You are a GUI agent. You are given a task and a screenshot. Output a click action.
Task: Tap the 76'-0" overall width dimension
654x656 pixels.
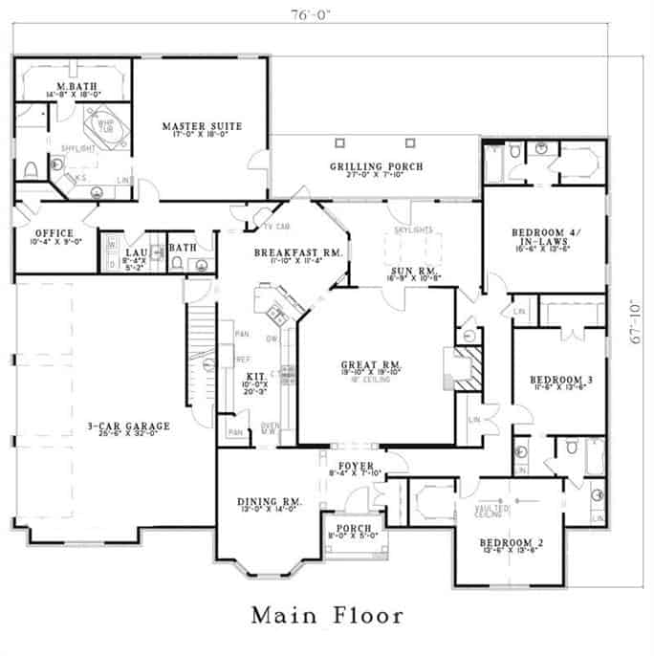(x=326, y=14)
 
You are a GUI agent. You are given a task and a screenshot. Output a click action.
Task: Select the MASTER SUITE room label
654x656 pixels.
(x=201, y=126)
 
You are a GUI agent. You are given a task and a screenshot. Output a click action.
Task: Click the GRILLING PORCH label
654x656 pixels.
(x=377, y=166)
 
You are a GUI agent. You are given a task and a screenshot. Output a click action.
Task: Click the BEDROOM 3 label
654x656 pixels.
(x=560, y=380)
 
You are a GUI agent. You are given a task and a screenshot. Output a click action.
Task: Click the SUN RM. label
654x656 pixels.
(x=411, y=271)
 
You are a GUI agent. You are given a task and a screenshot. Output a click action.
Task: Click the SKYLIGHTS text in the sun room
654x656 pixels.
(x=413, y=231)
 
